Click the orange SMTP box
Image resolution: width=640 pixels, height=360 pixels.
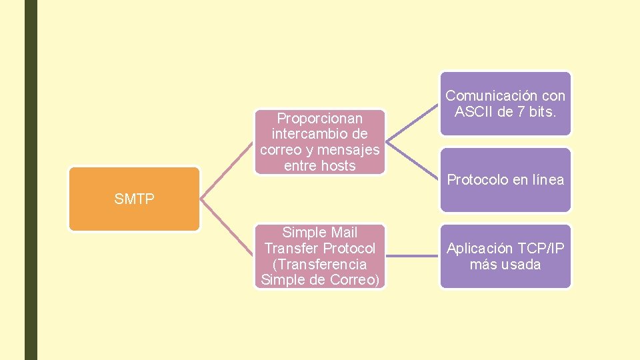134,199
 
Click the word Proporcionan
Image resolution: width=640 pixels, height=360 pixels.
320,118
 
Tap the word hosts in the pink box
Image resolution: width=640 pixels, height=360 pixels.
338,166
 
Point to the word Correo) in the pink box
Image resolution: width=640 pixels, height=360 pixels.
355,280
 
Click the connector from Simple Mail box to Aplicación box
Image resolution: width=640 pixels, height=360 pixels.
413,255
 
